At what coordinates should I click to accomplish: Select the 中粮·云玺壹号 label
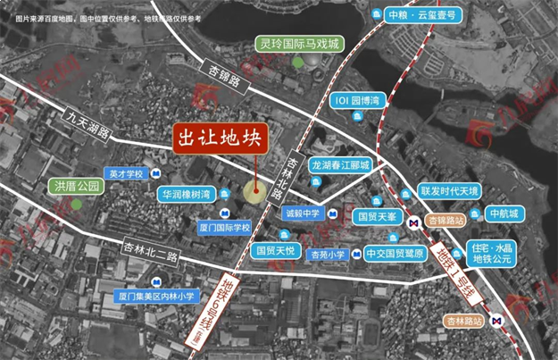(x=423, y=15)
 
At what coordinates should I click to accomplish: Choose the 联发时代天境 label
(x=450, y=191)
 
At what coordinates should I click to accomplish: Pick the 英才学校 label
(x=124, y=173)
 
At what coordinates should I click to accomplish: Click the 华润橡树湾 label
(x=186, y=194)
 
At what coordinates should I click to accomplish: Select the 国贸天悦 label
(x=274, y=250)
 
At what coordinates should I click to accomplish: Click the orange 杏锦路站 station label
(x=445, y=220)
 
